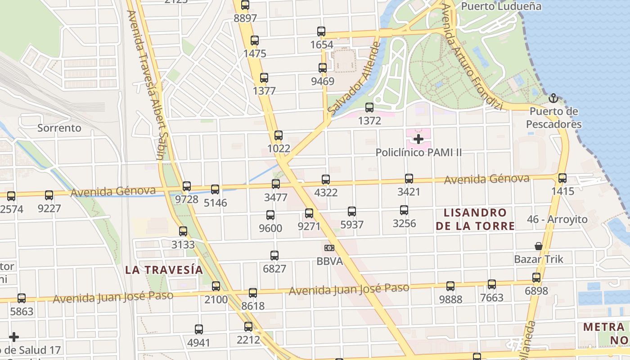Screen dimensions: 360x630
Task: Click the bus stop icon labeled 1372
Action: click(369, 108)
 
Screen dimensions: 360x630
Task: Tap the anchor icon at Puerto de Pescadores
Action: click(553, 98)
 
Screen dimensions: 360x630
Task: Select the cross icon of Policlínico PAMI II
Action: click(418, 139)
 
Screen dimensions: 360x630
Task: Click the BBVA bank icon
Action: click(329, 248)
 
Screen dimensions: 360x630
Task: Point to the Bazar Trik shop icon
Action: click(538, 246)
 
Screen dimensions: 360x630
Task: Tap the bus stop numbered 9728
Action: click(187, 186)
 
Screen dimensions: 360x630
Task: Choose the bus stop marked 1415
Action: click(562, 178)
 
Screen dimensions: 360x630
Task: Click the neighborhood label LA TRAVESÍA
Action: click(164, 270)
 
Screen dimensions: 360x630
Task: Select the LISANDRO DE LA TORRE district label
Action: click(475, 219)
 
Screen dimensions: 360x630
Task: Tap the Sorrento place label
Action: click(59, 128)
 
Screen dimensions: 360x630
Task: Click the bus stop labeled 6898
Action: click(536, 278)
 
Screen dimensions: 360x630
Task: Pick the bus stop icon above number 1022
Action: click(279, 135)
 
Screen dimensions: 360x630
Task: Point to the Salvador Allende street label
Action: click(355, 79)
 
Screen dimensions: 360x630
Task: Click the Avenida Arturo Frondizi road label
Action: click(471, 57)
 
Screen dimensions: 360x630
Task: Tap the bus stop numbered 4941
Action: click(199, 329)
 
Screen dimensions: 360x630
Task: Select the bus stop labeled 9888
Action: click(450, 286)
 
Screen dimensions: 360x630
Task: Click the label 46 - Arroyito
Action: click(557, 219)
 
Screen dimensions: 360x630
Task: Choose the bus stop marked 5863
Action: click(22, 298)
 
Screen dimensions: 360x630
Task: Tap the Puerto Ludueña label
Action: click(501, 6)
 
